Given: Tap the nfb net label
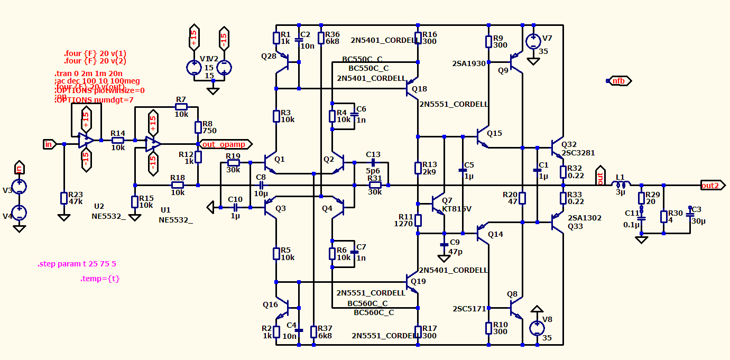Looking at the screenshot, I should click(619, 81).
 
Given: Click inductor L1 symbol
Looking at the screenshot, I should click(621, 184).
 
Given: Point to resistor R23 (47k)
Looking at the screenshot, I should click(64, 198).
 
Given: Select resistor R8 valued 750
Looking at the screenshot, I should click(198, 127).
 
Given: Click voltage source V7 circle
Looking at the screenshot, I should click(533, 41).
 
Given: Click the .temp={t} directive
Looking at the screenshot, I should click(100, 279).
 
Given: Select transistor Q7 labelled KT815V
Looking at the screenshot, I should click(438, 204).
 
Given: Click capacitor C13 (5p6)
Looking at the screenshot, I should click(373, 162).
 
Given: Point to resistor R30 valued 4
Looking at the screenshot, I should click(663, 217).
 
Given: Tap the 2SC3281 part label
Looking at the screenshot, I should click(578, 153).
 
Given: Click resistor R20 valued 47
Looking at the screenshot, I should click(522, 198).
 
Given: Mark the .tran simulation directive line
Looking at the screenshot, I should click(88, 73).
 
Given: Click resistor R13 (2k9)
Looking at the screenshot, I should click(418, 168).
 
